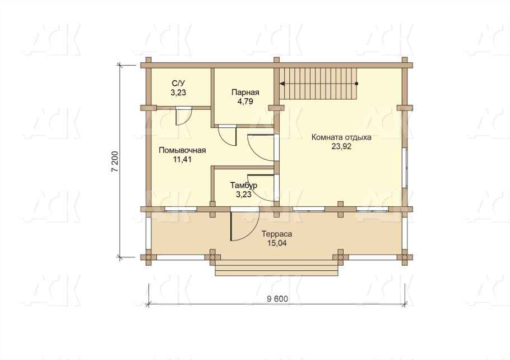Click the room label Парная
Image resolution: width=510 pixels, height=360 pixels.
coord(245,92)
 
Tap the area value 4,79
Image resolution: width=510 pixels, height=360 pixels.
coord(245,101)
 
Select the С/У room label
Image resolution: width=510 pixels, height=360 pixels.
coord(179,84)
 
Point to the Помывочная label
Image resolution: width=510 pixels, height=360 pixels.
coord(182,150)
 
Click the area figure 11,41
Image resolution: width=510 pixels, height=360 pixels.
coord(182,159)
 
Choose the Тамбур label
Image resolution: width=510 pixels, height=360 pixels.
coord(244,185)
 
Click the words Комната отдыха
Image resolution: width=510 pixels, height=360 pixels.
coord(341,137)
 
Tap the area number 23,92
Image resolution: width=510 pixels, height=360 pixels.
coord(341,146)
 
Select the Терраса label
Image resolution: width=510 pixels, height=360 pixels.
coord(276,234)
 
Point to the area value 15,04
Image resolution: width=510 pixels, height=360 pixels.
coord(276,243)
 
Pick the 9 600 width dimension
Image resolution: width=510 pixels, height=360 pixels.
coord(277,299)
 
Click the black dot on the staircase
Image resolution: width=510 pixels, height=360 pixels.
coord(356,84)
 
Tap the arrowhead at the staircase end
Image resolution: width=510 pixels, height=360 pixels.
coord(282,84)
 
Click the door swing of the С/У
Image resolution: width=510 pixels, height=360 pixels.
coord(183,116)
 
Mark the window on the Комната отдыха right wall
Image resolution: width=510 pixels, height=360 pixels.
coord(405,168)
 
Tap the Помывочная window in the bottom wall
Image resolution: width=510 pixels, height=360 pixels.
coord(180,209)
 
